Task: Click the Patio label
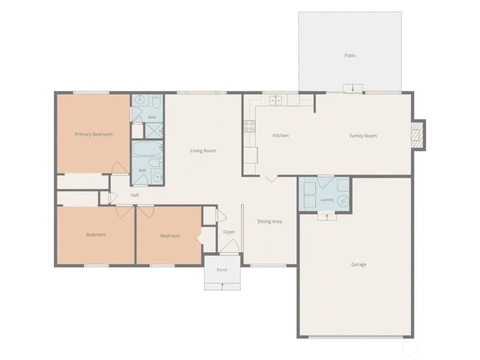[x=350, y=56]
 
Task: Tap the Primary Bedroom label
[x=94, y=134]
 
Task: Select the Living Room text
[x=203, y=151]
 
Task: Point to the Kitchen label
[x=281, y=135]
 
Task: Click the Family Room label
[x=363, y=136]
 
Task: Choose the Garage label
[x=359, y=264]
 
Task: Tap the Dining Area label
[x=270, y=221]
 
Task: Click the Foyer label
[x=229, y=232]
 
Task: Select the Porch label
[x=222, y=270]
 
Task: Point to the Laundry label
[x=326, y=200]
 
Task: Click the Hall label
[x=134, y=195]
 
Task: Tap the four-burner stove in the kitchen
[x=249, y=126]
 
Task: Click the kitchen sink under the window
[x=275, y=100]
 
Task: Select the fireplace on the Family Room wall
[x=416, y=134]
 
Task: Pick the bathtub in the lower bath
[x=147, y=148]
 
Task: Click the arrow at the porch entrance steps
[x=222, y=286]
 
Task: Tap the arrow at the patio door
[x=352, y=88]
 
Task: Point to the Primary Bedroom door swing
[x=120, y=168]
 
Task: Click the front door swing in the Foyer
[x=230, y=246]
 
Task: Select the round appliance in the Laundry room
[x=343, y=201]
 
